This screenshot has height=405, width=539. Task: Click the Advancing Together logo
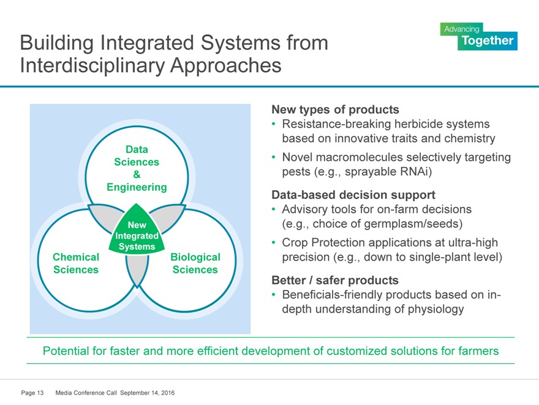tap(478, 36)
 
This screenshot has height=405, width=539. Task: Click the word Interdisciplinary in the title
tap(89, 65)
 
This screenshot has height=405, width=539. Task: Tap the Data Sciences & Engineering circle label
tap(137, 168)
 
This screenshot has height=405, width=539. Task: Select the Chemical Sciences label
tap(76, 264)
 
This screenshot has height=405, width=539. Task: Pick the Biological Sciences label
tap(195, 264)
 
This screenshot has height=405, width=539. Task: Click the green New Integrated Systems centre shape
tap(137, 235)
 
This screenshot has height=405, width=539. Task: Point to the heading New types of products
tap(335, 110)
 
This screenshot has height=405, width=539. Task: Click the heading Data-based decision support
tap(353, 195)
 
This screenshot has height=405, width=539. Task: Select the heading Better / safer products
tap(334, 280)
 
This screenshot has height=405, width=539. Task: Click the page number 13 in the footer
tap(40, 392)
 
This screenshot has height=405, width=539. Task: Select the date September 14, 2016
tap(148, 392)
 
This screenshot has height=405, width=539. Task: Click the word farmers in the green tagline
tap(477, 351)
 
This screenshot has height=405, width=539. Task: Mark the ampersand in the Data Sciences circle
tap(137, 174)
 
